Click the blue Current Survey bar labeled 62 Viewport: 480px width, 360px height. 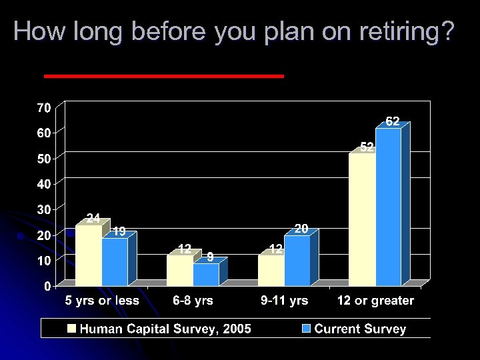point(388,207)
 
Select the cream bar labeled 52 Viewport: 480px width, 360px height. point(362,220)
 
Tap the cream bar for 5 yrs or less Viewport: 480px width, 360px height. point(88,256)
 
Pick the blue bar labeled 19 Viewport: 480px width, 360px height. point(114,262)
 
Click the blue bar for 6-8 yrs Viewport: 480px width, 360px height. point(206,275)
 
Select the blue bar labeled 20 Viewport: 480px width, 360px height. point(297,261)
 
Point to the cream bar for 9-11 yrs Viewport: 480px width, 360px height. point(271,271)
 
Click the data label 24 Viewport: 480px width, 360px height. point(93,218)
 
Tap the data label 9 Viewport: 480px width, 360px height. point(209,256)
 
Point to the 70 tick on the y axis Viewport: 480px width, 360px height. point(43,107)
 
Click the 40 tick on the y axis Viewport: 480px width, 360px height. point(43,183)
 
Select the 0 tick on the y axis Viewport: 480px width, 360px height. point(47,286)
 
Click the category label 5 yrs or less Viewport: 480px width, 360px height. point(101,301)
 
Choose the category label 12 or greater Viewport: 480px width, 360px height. point(375,301)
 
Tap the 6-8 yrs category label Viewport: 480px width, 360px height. point(193,301)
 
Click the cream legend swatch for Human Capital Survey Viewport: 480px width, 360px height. point(72,329)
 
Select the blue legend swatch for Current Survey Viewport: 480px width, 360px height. point(306,329)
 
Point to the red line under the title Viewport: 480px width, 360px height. point(163,76)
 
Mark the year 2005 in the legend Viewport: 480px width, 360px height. point(236,329)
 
